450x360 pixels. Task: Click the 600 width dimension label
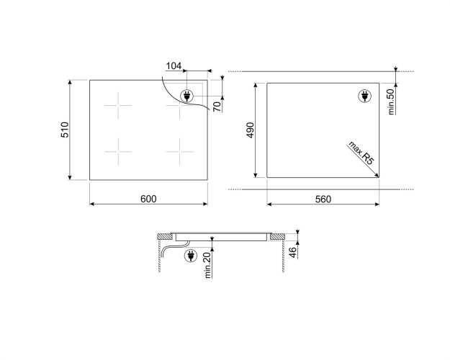click(x=148, y=199)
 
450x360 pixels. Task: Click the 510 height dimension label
click(x=65, y=130)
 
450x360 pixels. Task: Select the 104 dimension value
click(x=174, y=66)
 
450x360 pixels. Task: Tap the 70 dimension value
click(x=217, y=107)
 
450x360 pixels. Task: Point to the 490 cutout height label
click(x=251, y=130)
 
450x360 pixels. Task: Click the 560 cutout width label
click(x=323, y=199)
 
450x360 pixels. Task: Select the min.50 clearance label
click(x=391, y=102)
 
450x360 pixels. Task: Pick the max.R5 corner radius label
click(x=361, y=153)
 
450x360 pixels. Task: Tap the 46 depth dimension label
click(x=292, y=252)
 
